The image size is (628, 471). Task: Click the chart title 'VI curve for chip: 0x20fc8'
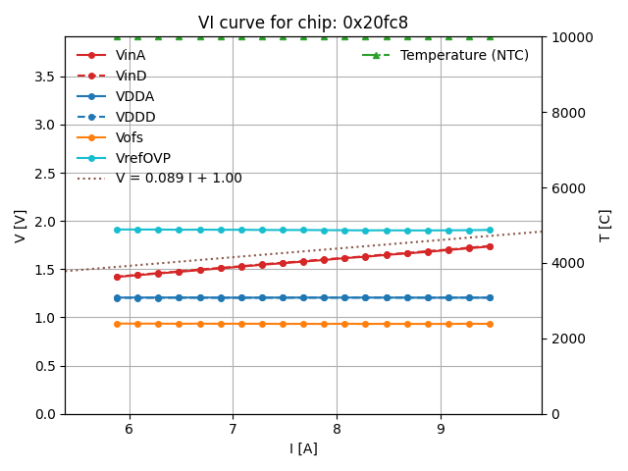click(x=302, y=23)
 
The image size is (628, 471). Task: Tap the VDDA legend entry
click(x=134, y=97)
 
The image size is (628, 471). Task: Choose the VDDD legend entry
click(x=135, y=118)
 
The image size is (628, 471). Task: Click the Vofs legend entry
click(x=130, y=138)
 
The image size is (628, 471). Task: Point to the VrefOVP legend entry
click(x=143, y=158)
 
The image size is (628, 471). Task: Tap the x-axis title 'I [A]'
click(x=303, y=449)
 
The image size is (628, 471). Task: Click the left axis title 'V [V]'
click(x=21, y=226)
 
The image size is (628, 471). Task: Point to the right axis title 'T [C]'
click(x=605, y=226)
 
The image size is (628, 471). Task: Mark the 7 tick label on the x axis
click(x=233, y=429)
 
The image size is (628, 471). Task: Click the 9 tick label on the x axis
click(x=440, y=429)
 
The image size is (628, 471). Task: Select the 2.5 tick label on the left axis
click(x=45, y=173)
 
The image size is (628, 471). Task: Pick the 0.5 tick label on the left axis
click(x=45, y=366)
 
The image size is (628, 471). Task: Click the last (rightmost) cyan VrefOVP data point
click(x=490, y=230)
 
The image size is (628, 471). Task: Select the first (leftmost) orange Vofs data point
click(x=117, y=324)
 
